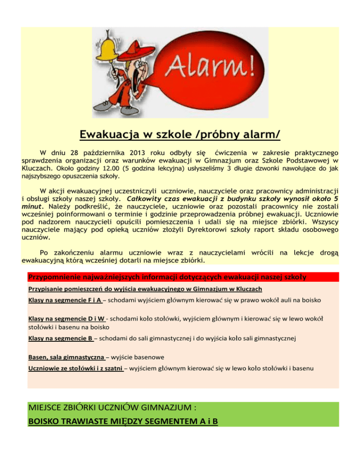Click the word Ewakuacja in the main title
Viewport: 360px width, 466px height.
click(112, 135)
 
